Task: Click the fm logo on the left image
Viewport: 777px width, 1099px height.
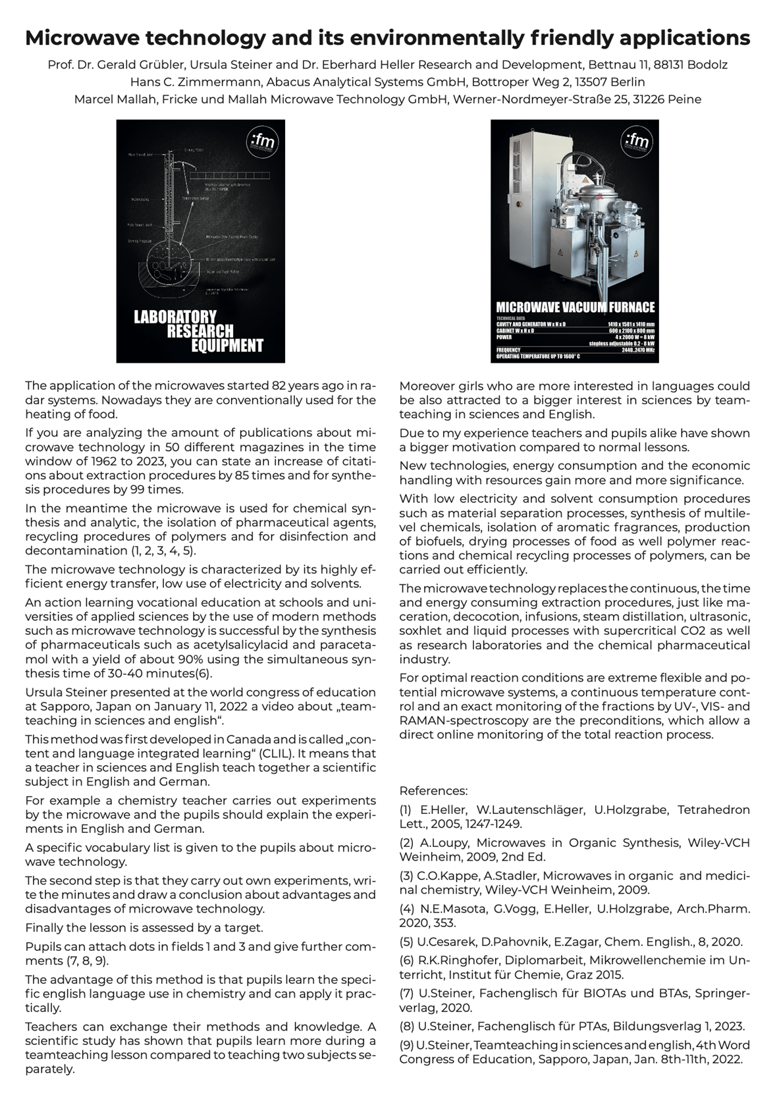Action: (264, 142)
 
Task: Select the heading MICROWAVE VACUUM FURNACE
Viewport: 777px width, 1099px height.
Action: (575, 308)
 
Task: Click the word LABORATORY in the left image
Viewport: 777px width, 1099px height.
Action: (175, 317)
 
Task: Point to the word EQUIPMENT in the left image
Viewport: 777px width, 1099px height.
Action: (227, 345)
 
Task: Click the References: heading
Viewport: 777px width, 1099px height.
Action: (433, 791)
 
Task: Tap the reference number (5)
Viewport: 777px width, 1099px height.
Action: (406, 942)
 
